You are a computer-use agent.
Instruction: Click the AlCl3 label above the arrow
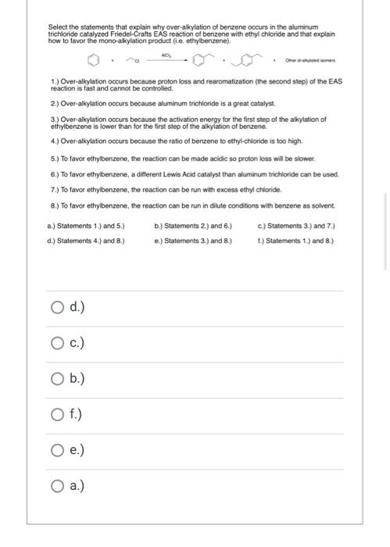tap(166, 55)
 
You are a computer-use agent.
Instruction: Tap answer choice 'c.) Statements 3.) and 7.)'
tap(296, 227)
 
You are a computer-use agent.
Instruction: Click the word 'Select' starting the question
tap(58, 27)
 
